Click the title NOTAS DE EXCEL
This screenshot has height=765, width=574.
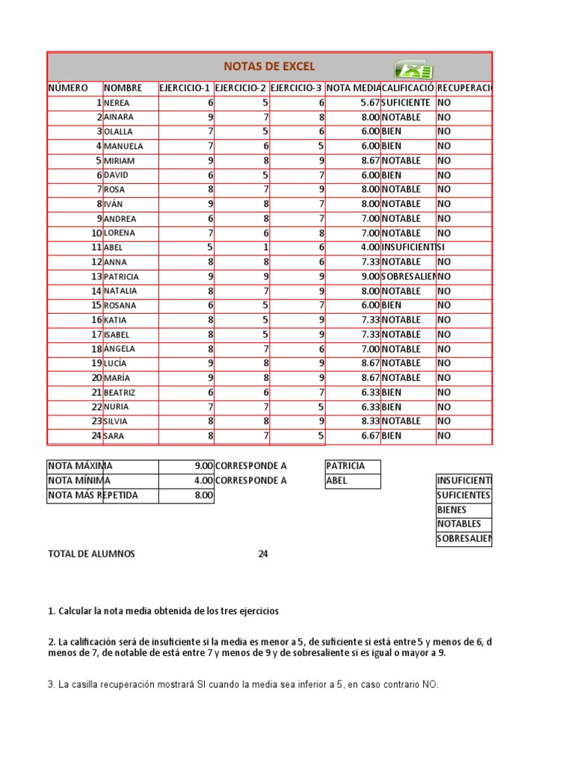pos(271,67)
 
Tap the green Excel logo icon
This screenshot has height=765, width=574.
pos(413,69)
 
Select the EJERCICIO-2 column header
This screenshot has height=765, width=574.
pos(241,88)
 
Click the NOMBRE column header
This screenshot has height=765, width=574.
pos(123,88)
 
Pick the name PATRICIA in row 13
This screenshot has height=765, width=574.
pos(121,276)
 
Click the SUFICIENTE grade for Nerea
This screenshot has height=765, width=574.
pos(405,102)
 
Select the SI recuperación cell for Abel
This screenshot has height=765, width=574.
pos(442,247)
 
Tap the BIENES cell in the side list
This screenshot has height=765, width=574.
pos(454,510)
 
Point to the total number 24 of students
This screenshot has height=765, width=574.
pos(262,554)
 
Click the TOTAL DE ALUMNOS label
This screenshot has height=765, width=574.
pos(91,554)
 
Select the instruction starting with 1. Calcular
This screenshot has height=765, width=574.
pos(163,611)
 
